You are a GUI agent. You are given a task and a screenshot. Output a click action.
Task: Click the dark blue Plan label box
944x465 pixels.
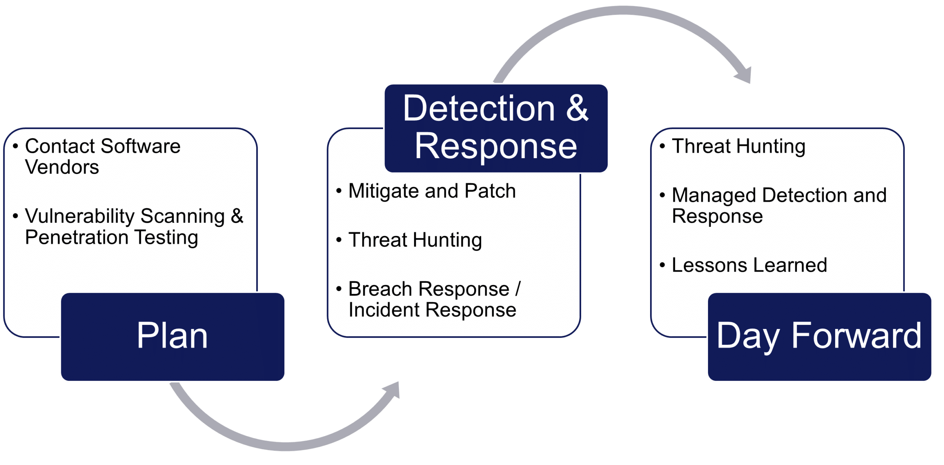click(x=173, y=336)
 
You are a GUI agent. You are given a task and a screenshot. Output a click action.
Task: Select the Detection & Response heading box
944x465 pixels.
click(x=496, y=128)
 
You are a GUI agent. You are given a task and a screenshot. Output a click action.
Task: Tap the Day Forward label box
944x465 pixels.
click(x=819, y=336)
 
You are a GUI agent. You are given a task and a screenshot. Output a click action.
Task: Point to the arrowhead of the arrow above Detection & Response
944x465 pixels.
click(x=744, y=76)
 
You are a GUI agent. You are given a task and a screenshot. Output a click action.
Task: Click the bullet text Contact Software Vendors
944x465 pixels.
click(x=103, y=156)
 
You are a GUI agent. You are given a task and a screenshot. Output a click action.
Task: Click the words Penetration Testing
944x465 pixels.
click(x=111, y=237)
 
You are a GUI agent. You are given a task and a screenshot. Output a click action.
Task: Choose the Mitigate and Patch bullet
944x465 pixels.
click(x=432, y=191)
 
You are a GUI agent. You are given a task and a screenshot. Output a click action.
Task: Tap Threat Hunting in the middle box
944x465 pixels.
click(x=415, y=240)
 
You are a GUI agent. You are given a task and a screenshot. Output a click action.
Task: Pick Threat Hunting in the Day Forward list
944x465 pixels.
click(x=738, y=146)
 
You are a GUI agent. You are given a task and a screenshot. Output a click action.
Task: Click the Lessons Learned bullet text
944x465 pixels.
click(x=749, y=265)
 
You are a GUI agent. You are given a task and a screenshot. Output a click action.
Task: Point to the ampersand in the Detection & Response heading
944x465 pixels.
click(x=577, y=108)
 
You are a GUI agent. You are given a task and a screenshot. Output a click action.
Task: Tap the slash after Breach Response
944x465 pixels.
click(x=518, y=289)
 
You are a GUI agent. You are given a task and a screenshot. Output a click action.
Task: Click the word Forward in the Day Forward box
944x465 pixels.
click(x=856, y=336)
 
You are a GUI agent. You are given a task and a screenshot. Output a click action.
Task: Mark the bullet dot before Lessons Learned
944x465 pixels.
click(x=662, y=266)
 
